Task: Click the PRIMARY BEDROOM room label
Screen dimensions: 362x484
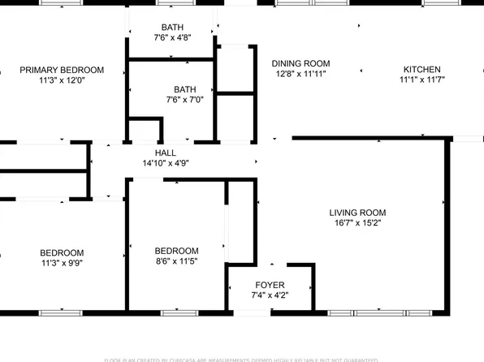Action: pyautogui.click(x=63, y=70)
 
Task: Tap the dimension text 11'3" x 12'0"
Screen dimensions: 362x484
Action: pyautogui.click(x=63, y=80)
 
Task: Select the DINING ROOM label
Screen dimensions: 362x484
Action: pyautogui.click(x=300, y=63)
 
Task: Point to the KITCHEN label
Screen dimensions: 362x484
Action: pyautogui.click(x=422, y=70)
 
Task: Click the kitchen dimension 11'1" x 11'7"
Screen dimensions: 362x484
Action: pyautogui.click(x=422, y=80)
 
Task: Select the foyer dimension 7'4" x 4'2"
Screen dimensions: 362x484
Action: pyautogui.click(x=270, y=295)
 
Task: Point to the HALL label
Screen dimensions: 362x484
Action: pyautogui.click(x=166, y=153)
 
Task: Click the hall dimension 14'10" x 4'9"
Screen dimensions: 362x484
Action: pyautogui.click(x=166, y=163)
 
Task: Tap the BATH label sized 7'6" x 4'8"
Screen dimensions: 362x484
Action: pyautogui.click(x=172, y=28)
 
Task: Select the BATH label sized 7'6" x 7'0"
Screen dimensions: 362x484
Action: pyautogui.click(x=185, y=89)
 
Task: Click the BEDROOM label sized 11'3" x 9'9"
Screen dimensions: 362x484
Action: pyautogui.click(x=63, y=252)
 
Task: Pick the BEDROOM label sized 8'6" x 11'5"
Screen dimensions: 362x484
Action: pyautogui.click(x=176, y=251)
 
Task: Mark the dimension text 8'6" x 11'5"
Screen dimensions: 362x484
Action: pyautogui.click(x=176, y=261)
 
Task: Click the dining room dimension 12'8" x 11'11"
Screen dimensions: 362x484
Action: pyautogui.click(x=300, y=74)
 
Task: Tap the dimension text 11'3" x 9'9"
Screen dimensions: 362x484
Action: pyautogui.click(x=63, y=263)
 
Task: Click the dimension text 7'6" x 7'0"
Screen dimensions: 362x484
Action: pyautogui.click(x=185, y=100)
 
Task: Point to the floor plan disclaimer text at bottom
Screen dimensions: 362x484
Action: pyautogui.click(x=241, y=359)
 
